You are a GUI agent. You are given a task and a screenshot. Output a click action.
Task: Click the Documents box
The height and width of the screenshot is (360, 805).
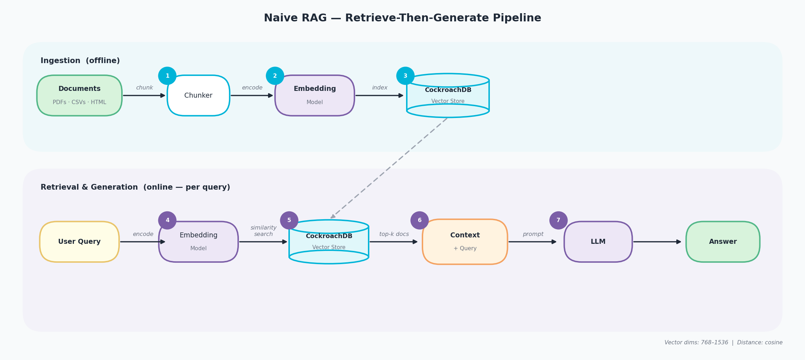[x=79, y=95]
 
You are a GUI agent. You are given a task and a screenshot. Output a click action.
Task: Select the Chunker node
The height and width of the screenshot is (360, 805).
[x=198, y=96]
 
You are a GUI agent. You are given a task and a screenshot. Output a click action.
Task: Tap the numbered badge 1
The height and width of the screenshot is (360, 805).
[x=167, y=76]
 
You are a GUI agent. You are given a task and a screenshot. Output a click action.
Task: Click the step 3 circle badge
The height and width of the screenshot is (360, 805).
[x=405, y=76]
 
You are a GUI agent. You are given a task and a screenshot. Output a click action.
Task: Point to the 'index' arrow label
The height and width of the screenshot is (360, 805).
[x=380, y=88]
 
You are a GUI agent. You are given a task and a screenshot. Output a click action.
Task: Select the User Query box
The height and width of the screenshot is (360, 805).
[x=79, y=242]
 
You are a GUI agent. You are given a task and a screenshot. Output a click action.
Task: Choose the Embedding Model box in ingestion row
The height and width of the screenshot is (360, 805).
[x=314, y=95]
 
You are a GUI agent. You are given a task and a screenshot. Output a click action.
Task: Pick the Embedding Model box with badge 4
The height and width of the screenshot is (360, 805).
[x=198, y=242]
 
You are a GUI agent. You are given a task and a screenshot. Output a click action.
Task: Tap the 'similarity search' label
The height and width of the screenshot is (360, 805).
[x=263, y=231]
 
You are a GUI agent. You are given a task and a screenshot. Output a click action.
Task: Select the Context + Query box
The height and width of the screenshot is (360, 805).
[x=465, y=242]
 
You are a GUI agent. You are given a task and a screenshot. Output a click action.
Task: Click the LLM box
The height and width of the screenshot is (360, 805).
[x=598, y=242]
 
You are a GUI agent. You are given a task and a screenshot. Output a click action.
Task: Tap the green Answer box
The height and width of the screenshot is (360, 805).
[x=723, y=242]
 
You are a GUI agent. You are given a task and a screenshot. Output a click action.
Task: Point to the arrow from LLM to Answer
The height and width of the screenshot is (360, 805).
[x=657, y=242]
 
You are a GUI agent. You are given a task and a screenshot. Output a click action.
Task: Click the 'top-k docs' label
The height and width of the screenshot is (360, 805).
[x=394, y=234]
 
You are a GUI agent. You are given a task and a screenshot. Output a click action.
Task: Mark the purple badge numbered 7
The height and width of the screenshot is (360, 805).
[x=558, y=220]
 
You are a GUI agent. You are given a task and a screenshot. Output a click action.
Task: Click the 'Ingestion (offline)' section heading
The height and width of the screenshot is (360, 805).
[x=80, y=61]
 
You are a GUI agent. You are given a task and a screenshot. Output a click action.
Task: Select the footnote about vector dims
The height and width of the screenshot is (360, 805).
[x=723, y=343]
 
